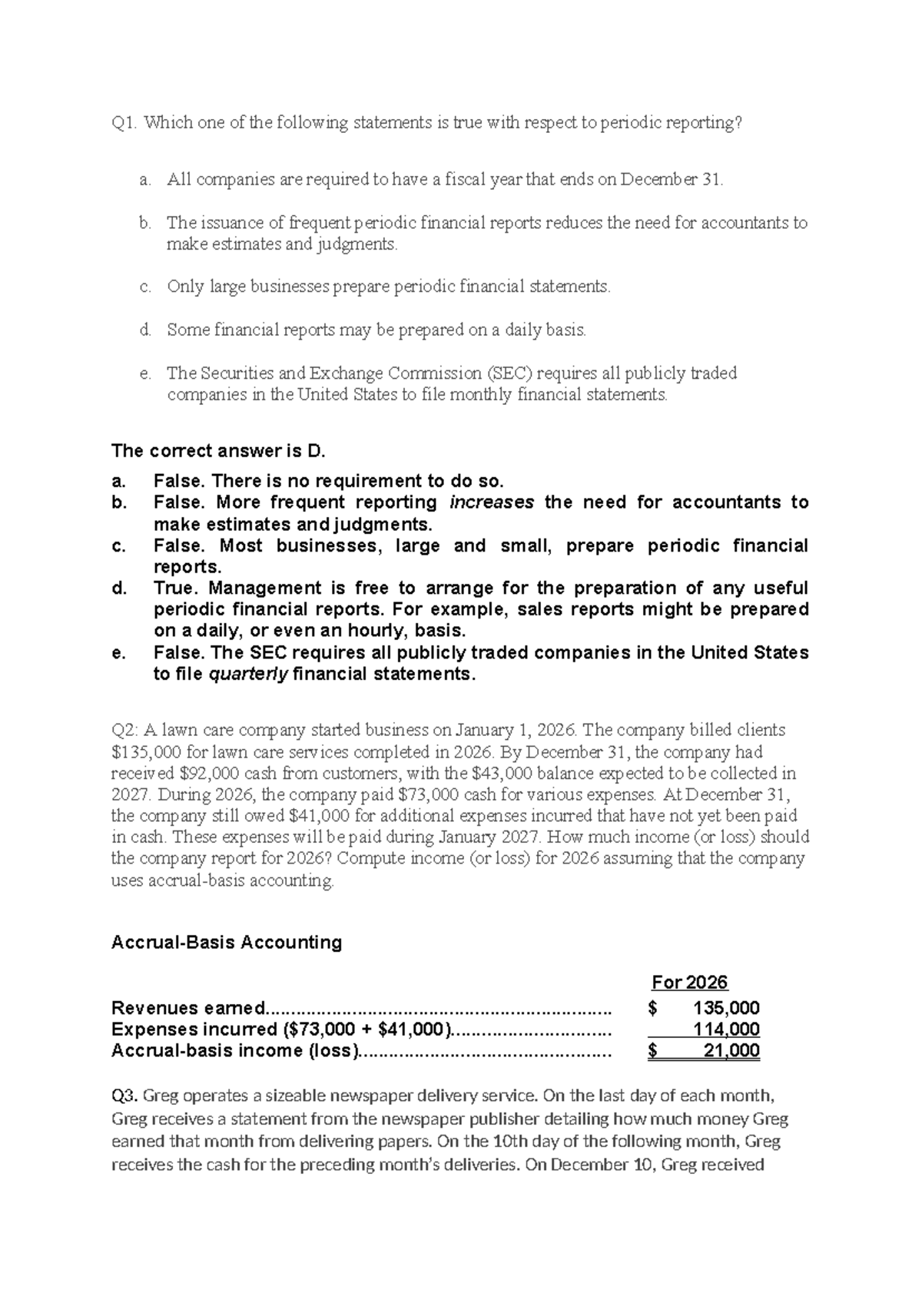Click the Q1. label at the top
tap(124, 123)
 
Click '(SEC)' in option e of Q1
tap(510, 373)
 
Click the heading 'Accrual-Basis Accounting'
tap(227, 943)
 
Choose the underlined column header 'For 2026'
tap(689, 983)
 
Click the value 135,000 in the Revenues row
tap(726, 1008)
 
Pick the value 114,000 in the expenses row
tap(726, 1029)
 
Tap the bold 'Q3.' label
tap(125, 1095)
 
